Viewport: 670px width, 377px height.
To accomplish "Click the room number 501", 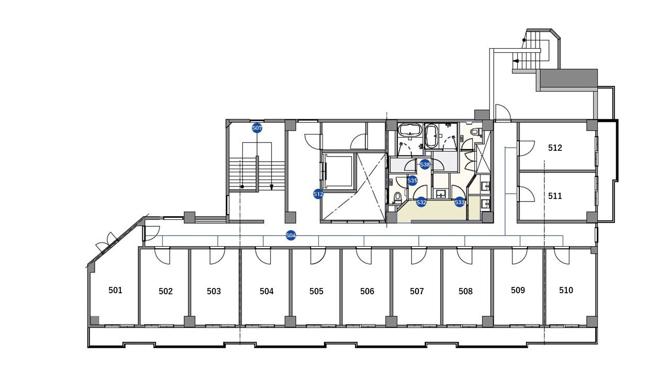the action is [x=115, y=290].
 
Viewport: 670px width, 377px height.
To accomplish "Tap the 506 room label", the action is [x=367, y=291].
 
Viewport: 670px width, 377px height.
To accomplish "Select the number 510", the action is [x=566, y=290].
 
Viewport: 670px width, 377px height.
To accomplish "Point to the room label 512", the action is [x=555, y=148].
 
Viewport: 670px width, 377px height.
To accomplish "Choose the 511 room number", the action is [x=555, y=196].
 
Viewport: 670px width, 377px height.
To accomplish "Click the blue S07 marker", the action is [x=257, y=128].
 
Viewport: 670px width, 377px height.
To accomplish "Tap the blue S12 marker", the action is [x=318, y=194].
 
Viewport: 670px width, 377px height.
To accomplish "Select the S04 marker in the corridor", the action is [x=291, y=236].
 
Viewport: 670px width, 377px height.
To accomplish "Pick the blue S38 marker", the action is [x=425, y=164].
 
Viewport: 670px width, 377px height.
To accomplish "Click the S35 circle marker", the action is [x=412, y=181].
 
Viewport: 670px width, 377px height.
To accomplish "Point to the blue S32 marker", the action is [x=421, y=202].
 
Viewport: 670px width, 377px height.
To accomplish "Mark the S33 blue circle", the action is [x=460, y=202].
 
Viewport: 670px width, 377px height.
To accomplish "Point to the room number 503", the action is [x=214, y=291].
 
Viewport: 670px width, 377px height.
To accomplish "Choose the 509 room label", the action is [x=518, y=290].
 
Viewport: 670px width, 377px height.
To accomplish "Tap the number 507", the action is [x=417, y=291].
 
